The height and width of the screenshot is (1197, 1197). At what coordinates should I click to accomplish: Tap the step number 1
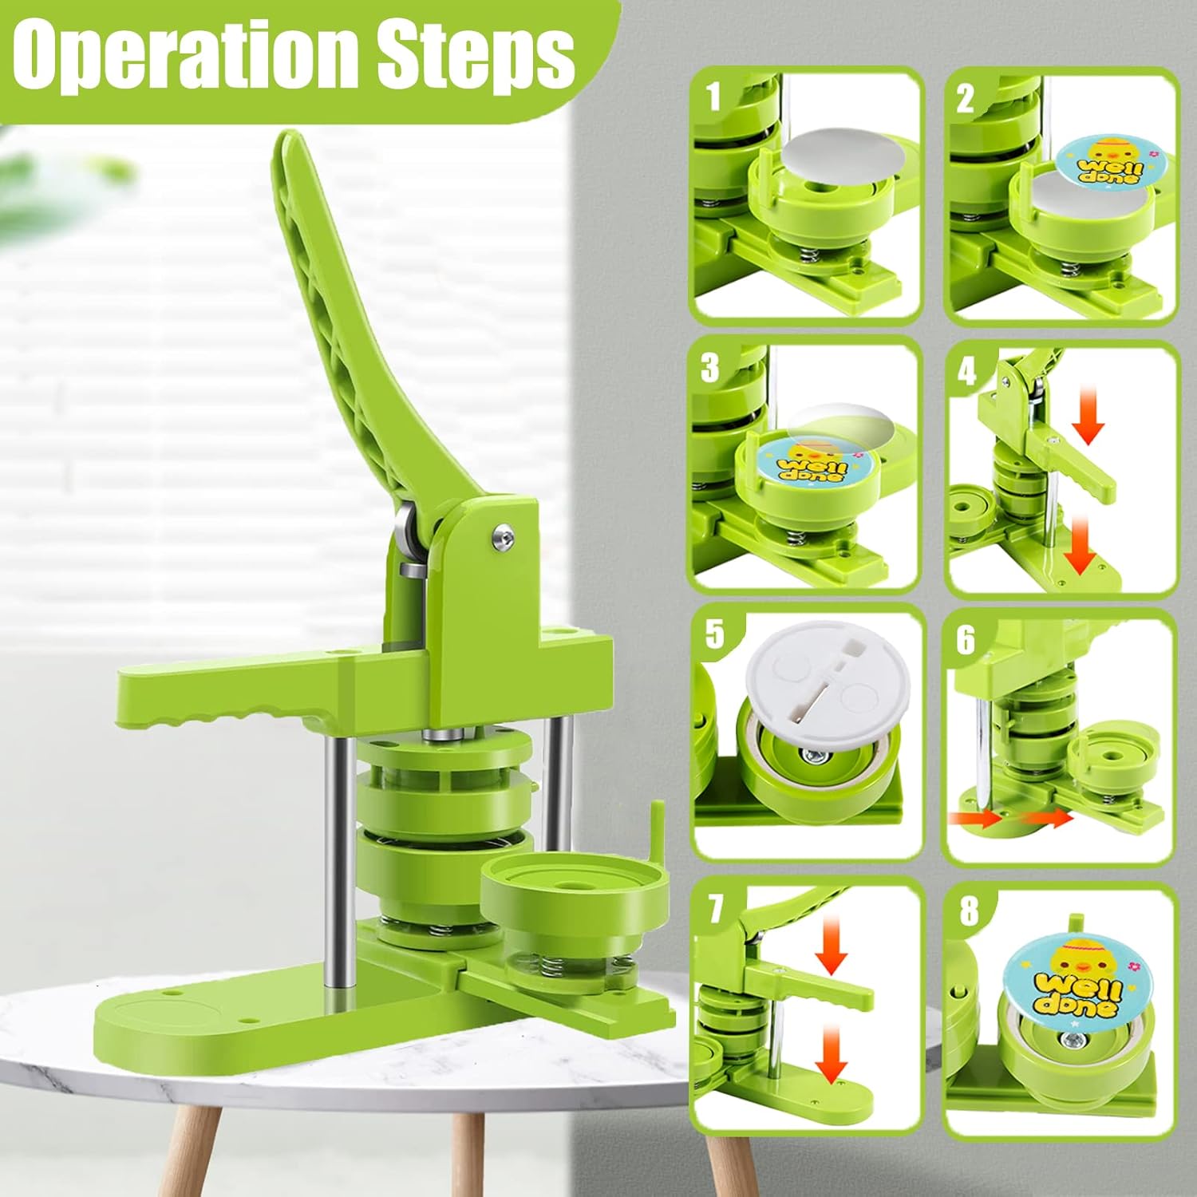713,97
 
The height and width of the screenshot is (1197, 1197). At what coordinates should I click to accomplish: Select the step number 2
966,99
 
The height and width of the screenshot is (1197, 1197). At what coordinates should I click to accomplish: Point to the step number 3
709,368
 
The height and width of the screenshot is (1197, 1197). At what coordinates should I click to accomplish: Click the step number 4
966,370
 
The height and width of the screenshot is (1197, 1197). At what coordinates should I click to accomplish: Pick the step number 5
714,634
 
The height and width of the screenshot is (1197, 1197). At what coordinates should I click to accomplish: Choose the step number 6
966,639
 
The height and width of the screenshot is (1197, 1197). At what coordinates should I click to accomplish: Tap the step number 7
716,907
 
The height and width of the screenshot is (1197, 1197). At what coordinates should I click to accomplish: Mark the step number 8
969,911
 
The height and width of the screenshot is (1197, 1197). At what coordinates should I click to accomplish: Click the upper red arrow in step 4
1088,418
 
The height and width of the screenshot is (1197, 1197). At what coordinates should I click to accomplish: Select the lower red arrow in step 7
831,1056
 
